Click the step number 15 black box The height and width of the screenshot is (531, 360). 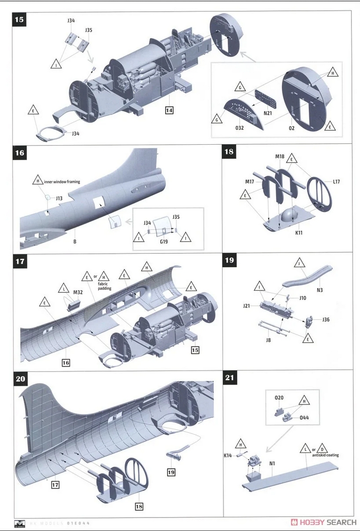tap(19, 19)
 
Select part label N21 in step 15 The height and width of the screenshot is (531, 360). tap(268, 113)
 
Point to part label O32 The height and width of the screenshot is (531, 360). tap(239, 128)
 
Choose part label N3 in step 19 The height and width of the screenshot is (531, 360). tap(320, 290)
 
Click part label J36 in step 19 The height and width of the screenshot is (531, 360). tap(326, 319)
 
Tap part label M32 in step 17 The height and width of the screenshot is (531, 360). tap(78, 292)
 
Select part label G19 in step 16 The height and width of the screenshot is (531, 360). tap(164, 242)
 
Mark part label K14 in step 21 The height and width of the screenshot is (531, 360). tap(228, 456)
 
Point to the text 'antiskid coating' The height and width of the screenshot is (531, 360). tap(325, 455)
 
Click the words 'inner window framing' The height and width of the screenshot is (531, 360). tap(62, 181)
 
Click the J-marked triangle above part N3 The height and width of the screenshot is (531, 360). tap(300, 262)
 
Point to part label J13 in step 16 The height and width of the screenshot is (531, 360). tap(59, 198)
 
